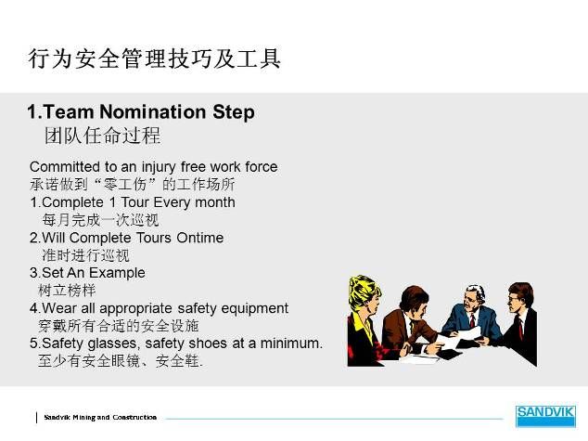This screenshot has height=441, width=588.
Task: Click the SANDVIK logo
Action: [545, 416]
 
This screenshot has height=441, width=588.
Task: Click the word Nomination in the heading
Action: [153, 111]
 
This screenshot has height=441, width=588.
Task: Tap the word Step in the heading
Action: [234, 112]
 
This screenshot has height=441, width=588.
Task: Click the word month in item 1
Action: [215, 202]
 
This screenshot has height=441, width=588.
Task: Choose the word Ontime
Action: [200, 238]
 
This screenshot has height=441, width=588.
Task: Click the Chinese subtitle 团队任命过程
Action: [102, 136]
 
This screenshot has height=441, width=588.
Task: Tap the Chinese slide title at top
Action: [154, 58]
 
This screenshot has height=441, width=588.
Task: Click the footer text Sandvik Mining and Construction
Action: [100, 418]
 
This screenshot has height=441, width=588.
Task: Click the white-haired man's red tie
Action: [472, 320]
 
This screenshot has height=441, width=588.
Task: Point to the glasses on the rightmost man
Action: [514, 299]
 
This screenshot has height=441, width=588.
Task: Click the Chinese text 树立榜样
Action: [67, 291]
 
